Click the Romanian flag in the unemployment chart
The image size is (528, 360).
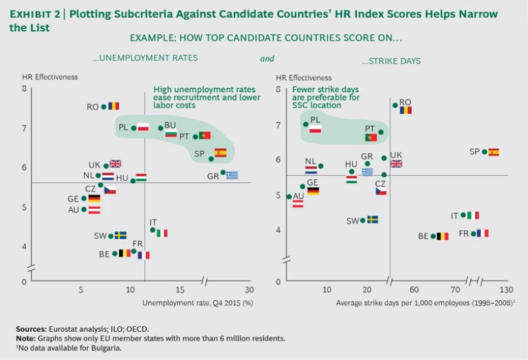pos(113,106)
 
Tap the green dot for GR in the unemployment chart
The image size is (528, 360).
pos(223,172)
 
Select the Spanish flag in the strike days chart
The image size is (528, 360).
pos(494,152)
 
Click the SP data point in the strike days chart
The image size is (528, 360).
pos(484,152)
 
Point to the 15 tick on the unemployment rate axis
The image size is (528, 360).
pos(179,290)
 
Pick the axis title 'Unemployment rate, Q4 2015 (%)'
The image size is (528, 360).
pos(198,302)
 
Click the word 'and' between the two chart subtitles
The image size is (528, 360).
pos(267,59)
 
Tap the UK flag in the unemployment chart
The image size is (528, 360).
pos(115,164)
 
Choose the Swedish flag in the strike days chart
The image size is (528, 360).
pos(373,220)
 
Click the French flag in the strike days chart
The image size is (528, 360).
pos(483,234)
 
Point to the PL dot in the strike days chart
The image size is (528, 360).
pos(305,124)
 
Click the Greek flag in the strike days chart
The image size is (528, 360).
pos(367,172)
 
